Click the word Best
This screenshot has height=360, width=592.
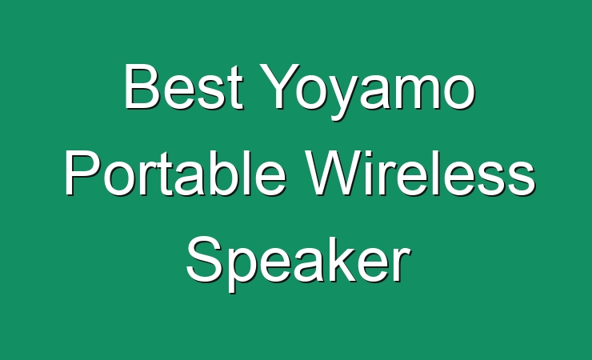183,87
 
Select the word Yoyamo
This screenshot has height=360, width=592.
367,92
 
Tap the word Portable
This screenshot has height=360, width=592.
175,173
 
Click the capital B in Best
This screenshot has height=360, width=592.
141,87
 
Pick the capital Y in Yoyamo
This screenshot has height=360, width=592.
279,86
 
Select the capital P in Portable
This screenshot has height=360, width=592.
82,173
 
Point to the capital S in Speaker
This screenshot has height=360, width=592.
204,259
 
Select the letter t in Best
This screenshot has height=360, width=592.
235,90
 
